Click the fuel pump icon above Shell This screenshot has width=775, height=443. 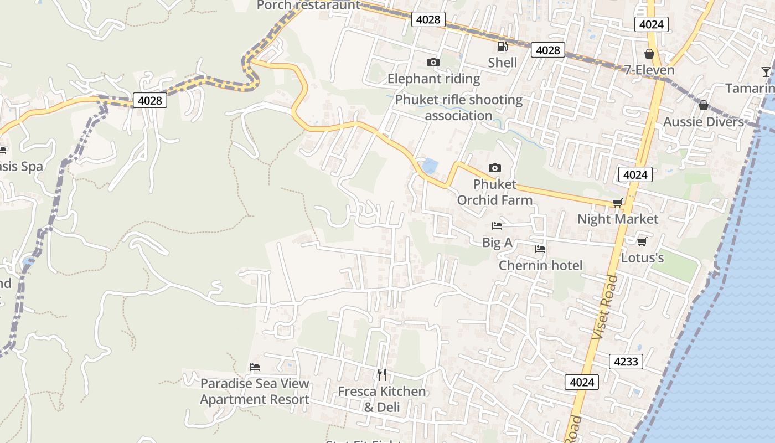(502, 47)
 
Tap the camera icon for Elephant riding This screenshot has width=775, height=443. (433, 62)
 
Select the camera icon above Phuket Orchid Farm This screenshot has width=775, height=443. (494, 168)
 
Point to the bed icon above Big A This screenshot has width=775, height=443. (497, 226)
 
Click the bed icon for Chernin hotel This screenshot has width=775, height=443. (540, 249)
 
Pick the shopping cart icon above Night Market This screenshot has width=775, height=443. (617, 203)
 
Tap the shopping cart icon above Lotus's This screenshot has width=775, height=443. (642, 241)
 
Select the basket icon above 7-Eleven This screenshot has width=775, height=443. (649, 54)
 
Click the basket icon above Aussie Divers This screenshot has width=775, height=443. (703, 105)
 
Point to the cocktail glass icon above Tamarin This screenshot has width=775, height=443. (766, 71)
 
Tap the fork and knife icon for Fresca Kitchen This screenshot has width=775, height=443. (382, 375)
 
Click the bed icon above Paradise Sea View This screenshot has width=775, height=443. (255, 367)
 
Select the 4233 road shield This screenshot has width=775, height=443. (626, 362)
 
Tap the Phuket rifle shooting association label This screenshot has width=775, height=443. (458, 107)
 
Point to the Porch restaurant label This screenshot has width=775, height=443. (308, 6)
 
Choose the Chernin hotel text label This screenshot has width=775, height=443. (540, 266)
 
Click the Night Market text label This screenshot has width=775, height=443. (618, 219)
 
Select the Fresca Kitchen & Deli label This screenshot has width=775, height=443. (382, 399)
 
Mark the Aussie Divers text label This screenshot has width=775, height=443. (703, 122)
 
